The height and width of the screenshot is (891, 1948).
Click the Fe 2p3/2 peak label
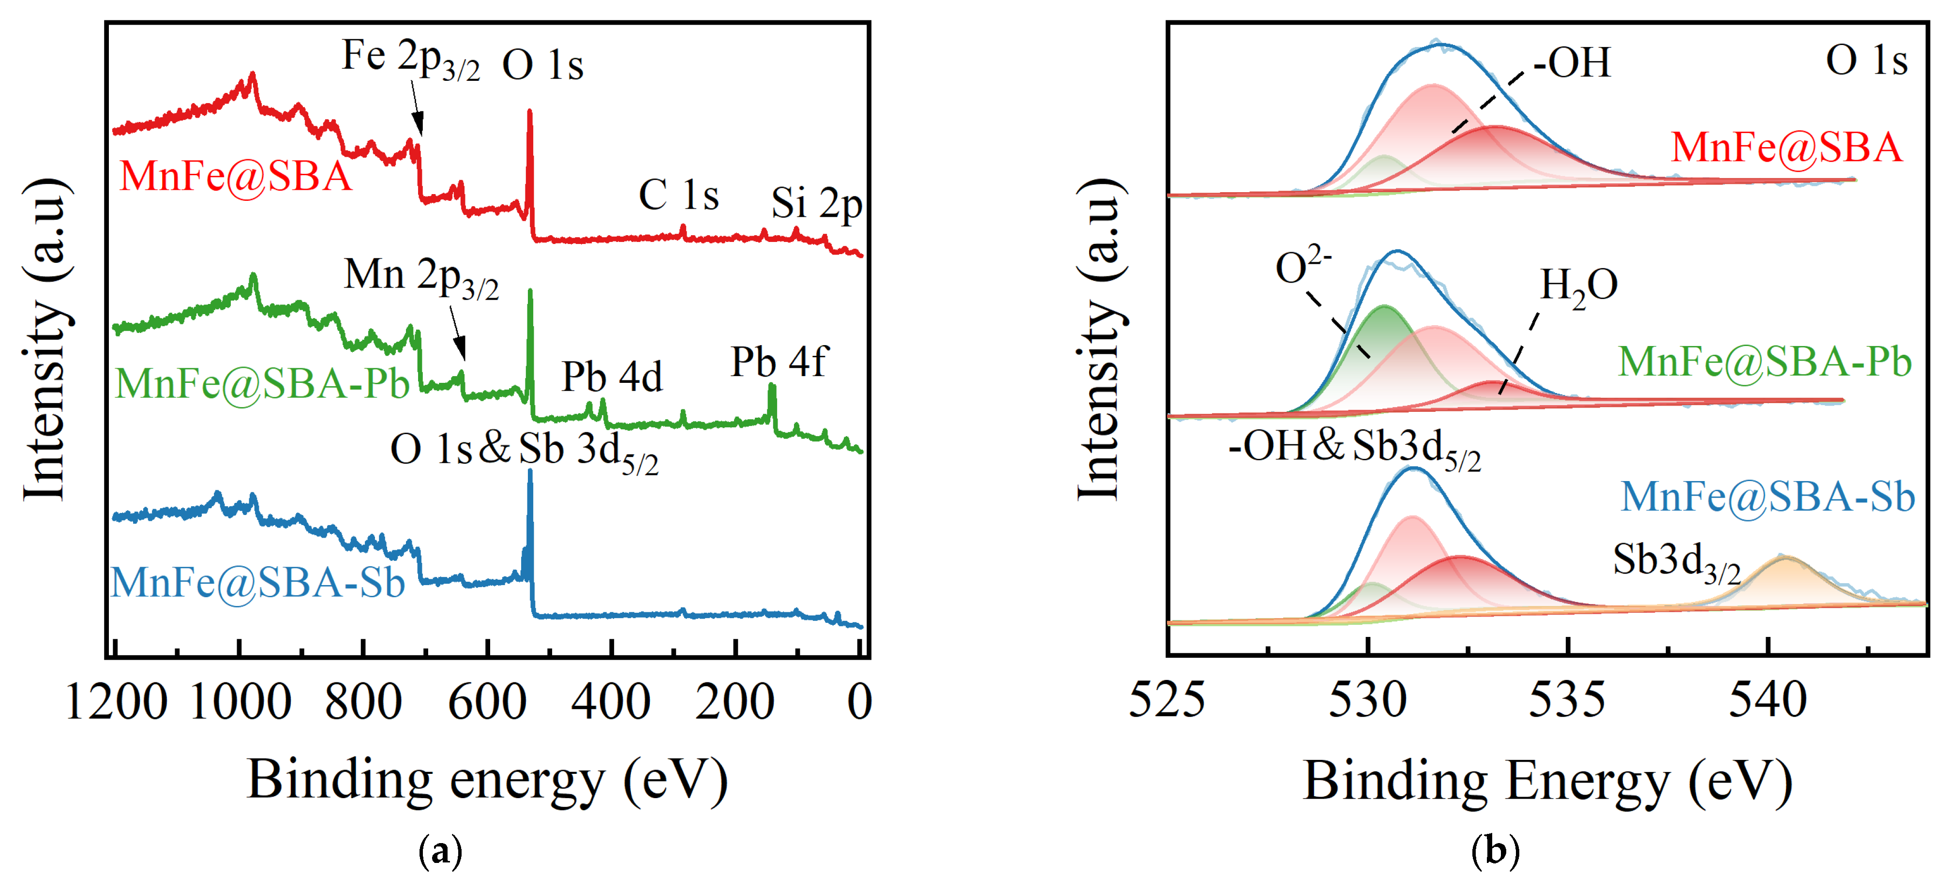[411, 58]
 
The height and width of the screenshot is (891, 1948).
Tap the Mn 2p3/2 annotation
[421, 277]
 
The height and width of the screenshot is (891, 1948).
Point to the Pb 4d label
[611, 376]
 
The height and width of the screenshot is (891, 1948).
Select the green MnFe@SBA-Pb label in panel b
[1764, 362]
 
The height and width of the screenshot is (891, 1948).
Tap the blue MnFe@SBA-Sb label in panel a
[258, 582]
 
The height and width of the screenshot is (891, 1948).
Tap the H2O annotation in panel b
[1578, 287]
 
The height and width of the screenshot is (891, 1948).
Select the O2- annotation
[1302, 266]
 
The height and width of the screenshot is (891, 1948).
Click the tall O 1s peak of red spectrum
[529, 121]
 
